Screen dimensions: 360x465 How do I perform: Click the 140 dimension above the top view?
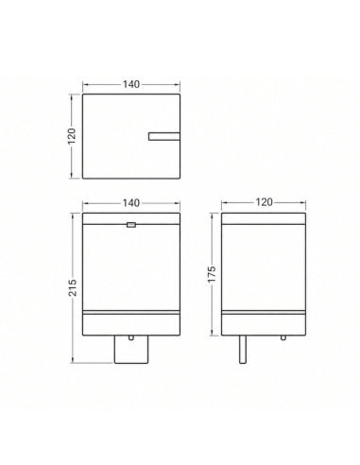(131, 84)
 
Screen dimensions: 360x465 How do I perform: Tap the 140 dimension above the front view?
(131, 203)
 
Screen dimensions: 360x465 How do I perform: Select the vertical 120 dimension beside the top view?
(72, 136)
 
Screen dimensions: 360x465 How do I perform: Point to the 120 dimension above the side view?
(264, 202)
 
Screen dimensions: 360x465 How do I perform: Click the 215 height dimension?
(73, 287)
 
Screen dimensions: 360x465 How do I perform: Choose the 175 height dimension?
(212, 274)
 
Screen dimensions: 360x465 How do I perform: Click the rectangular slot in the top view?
(164, 136)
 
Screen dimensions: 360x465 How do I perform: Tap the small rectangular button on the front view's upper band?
(131, 225)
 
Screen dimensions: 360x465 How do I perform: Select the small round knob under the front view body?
(131, 337)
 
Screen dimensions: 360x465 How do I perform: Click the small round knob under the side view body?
(283, 337)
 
